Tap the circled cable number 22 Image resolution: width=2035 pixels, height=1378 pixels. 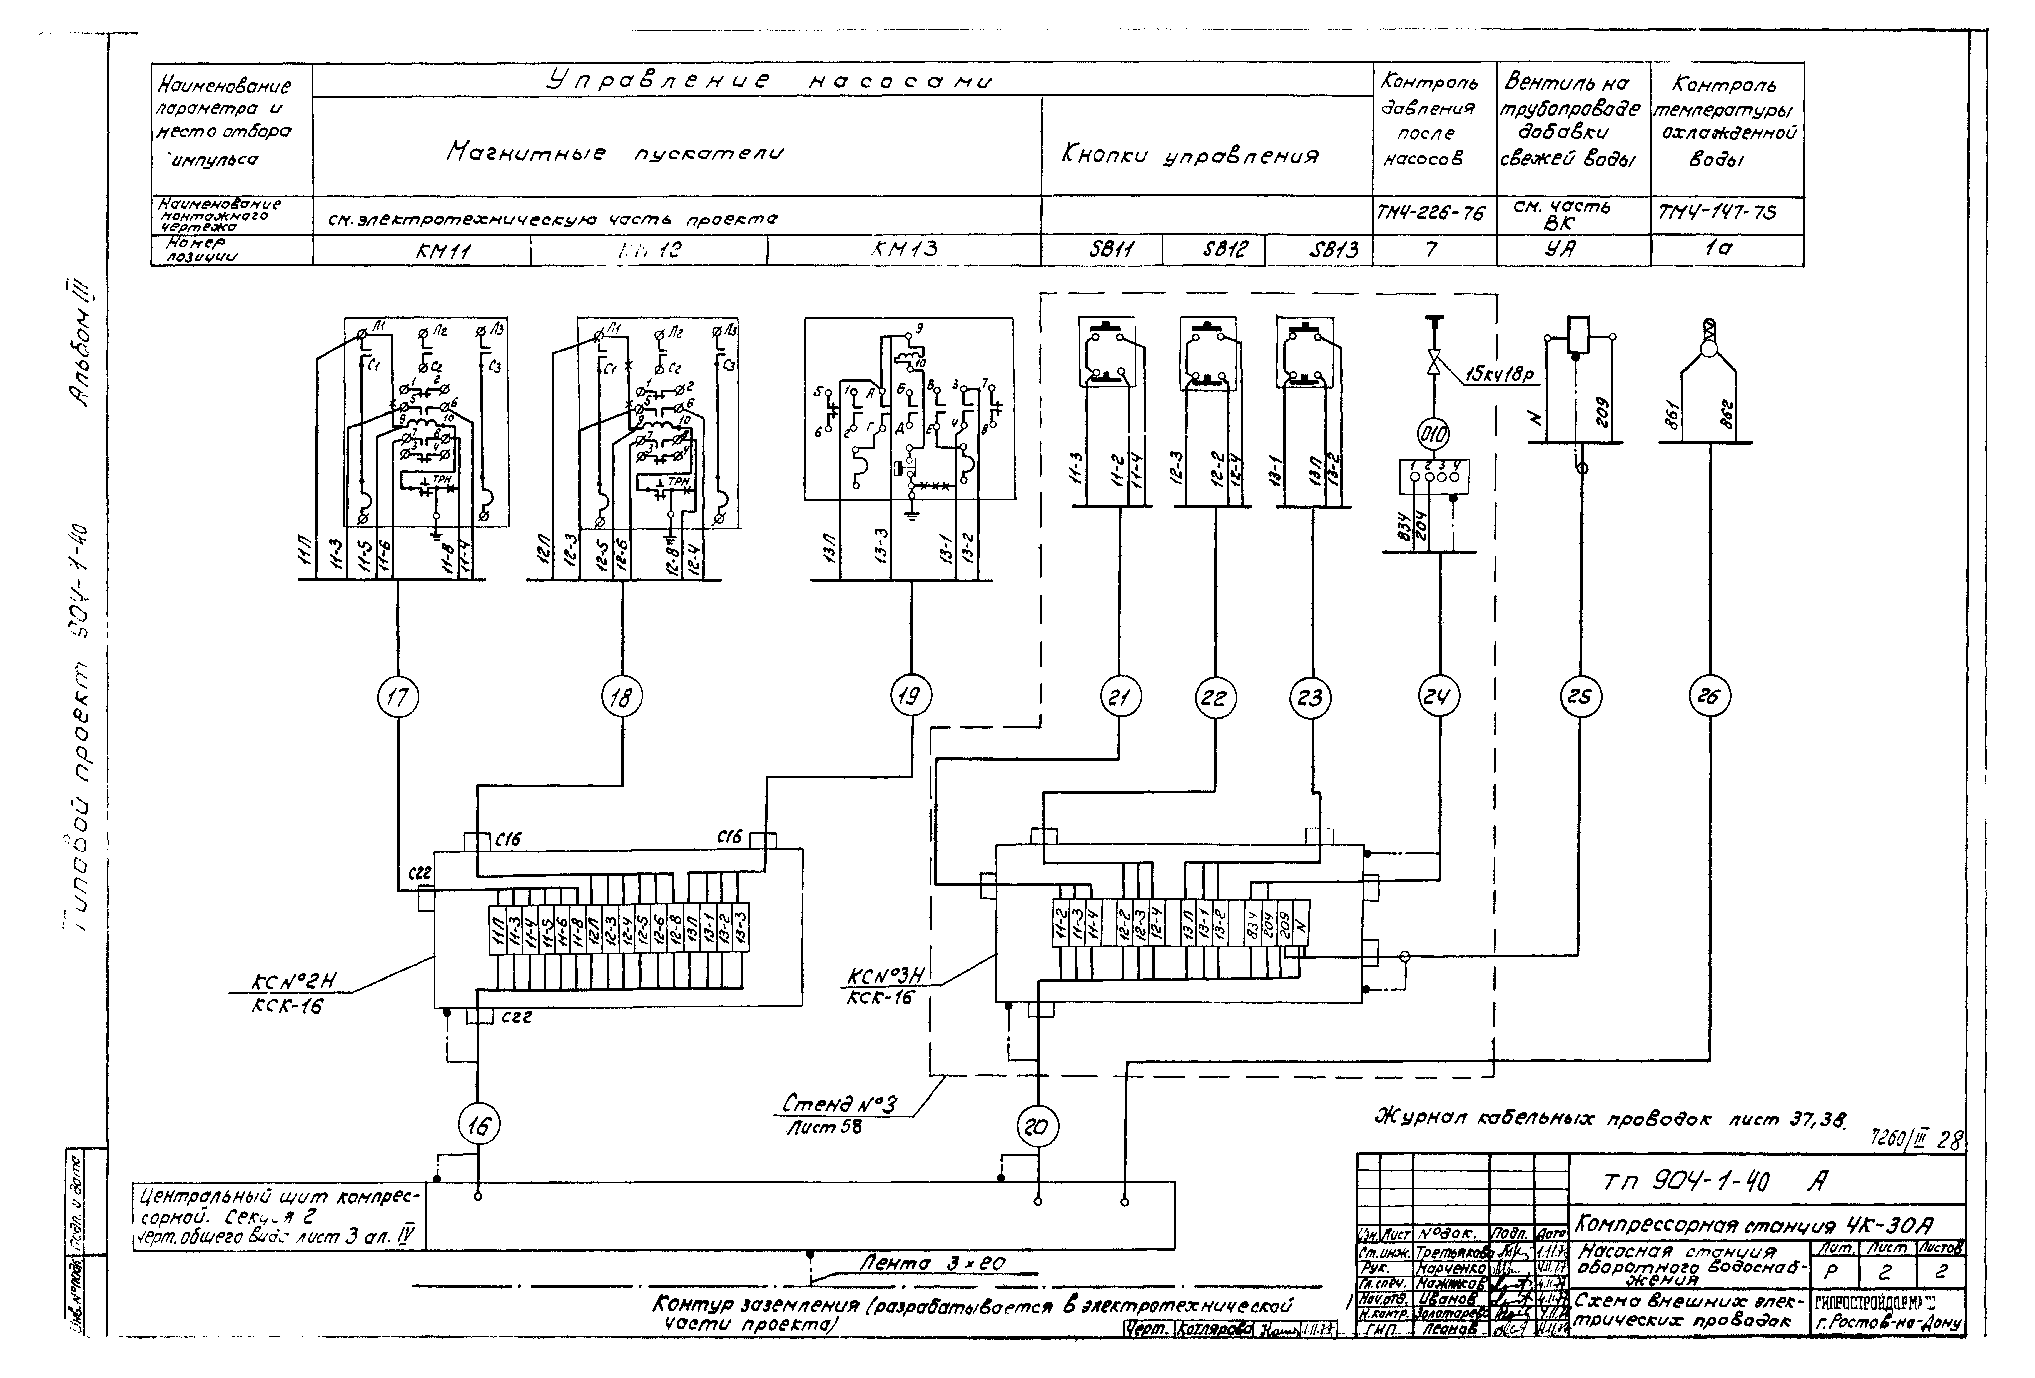point(1214,698)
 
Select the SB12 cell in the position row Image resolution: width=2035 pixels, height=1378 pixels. point(1213,250)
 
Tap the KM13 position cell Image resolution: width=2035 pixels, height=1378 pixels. point(904,250)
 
